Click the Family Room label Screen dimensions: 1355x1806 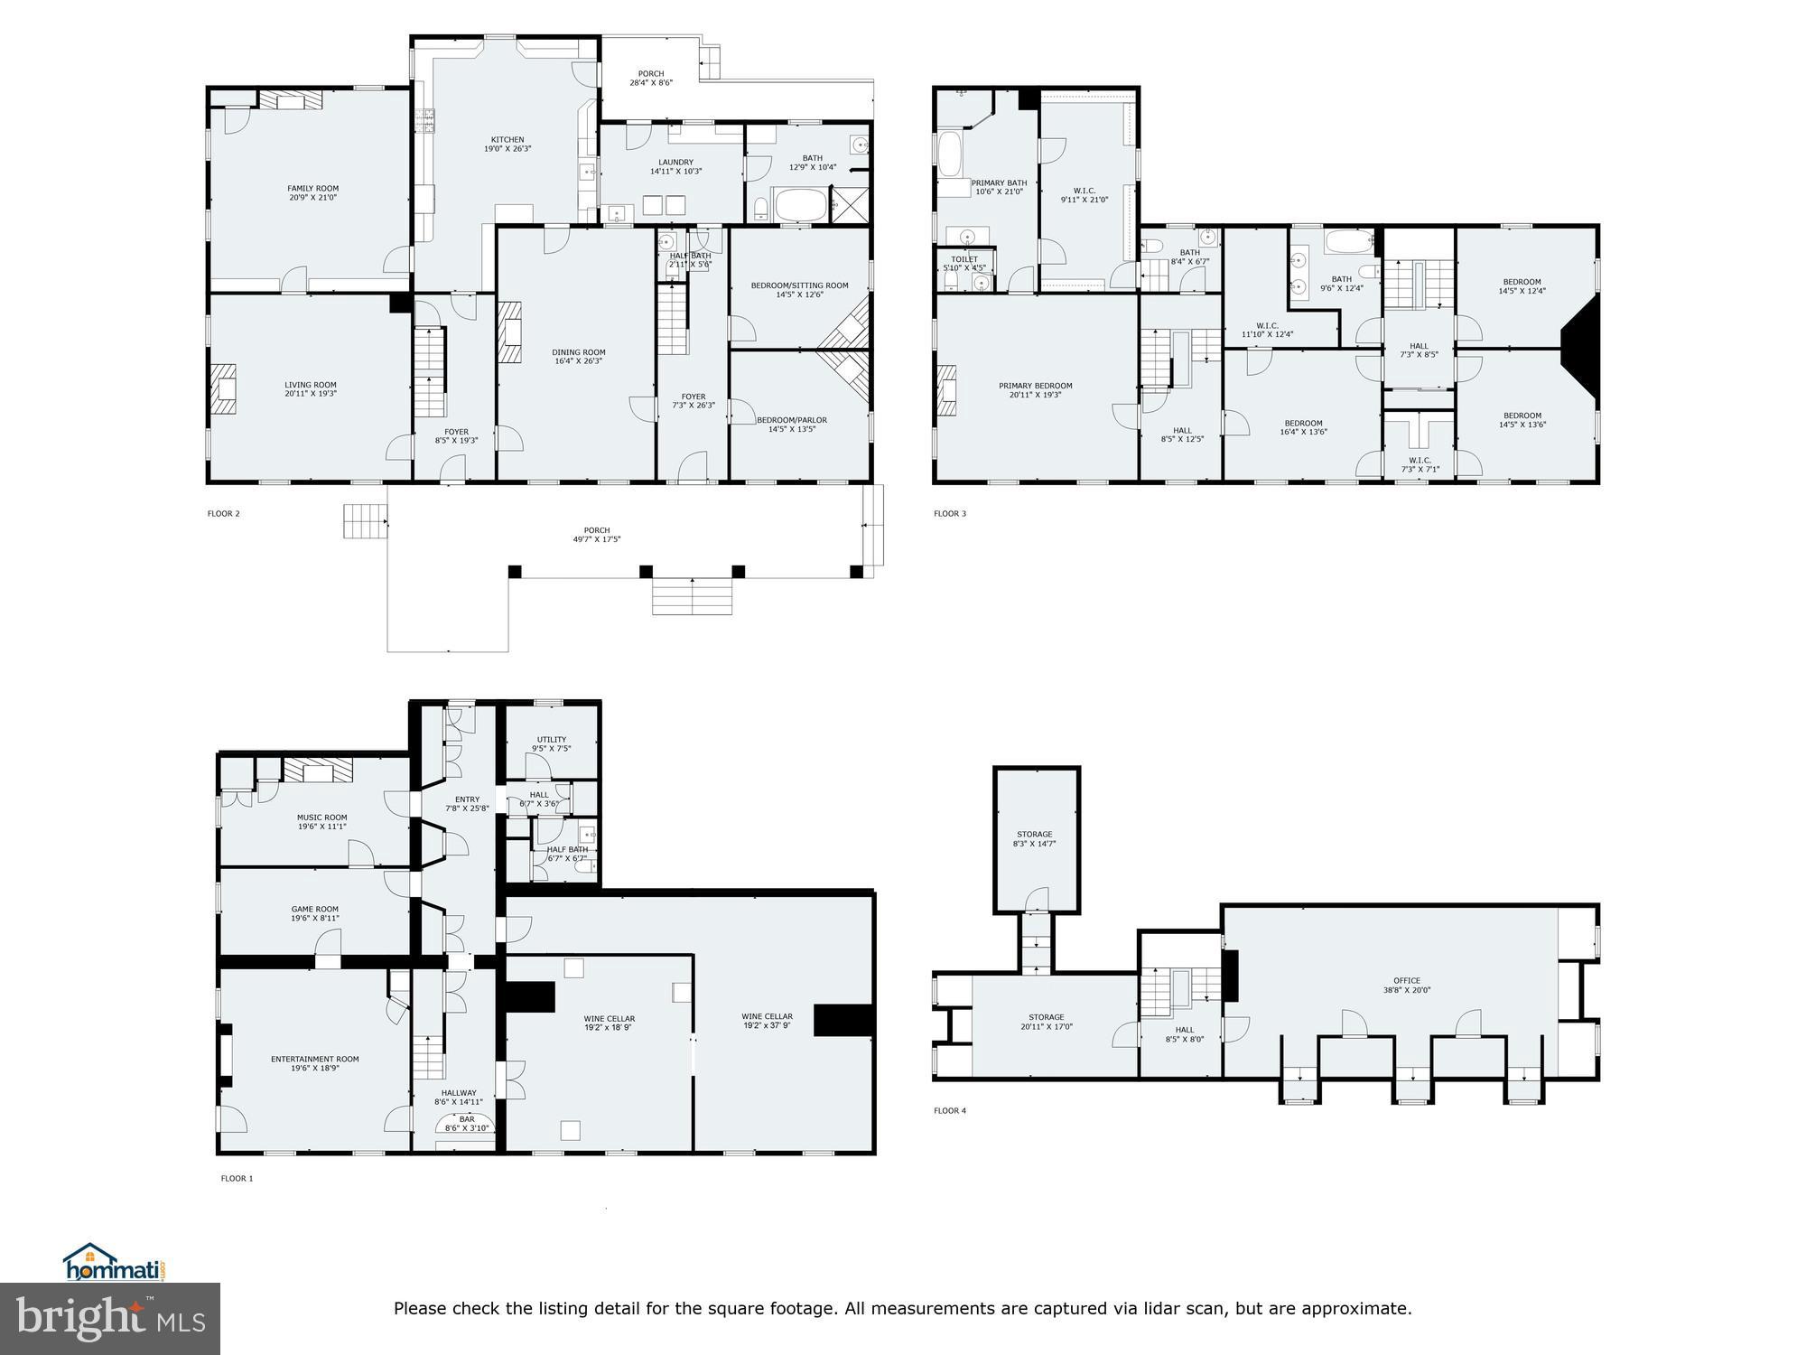(312, 189)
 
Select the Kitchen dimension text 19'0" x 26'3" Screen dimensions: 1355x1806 (507, 149)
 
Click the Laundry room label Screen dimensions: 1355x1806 (675, 163)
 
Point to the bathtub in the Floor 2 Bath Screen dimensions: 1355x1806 (801, 206)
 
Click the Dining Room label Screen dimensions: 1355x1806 (579, 352)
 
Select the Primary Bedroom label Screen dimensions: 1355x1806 (1035, 386)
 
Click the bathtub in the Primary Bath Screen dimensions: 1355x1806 (950, 154)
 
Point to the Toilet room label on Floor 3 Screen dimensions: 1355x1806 (964, 259)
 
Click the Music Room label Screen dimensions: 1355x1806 (321, 818)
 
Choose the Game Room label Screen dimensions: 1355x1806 (314, 909)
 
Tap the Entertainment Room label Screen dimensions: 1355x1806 (314, 1059)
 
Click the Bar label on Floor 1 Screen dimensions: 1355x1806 (466, 1119)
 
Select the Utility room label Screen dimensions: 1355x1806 (551, 739)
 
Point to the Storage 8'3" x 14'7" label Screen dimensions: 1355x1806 (1034, 835)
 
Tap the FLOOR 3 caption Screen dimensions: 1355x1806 (949, 514)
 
